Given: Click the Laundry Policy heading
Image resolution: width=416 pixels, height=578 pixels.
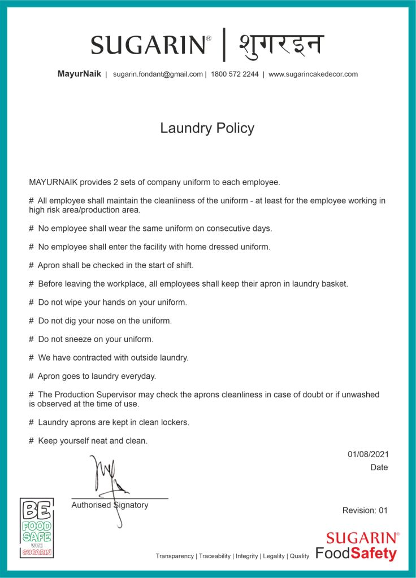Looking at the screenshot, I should pyautogui.click(x=207, y=128).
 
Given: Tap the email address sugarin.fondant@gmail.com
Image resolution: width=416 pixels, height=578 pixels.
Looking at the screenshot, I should pyautogui.click(x=158, y=74).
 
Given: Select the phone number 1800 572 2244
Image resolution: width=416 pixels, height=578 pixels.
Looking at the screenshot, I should pyautogui.click(x=235, y=74).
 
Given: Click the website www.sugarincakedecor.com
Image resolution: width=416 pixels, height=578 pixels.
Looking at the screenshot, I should pyautogui.click(x=313, y=74).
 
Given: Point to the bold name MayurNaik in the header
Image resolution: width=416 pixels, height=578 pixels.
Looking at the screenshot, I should pyautogui.click(x=79, y=74).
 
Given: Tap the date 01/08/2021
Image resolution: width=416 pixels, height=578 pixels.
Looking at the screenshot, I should pyautogui.click(x=368, y=454).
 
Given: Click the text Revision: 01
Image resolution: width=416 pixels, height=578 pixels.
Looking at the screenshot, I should pyautogui.click(x=365, y=510).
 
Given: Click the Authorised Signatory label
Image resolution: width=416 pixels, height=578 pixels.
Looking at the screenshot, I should pyautogui.click(x=110, y=505).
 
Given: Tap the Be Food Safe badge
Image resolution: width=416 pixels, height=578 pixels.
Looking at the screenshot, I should pyautogui.click(x=37, y=528).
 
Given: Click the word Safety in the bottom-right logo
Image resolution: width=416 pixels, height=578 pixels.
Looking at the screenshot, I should pyautogui.click(x=374, y=554).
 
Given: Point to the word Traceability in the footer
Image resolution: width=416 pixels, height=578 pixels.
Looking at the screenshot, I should pyautogui.click(x=215, y=556).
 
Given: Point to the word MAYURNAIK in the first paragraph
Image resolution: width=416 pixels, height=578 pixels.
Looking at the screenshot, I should pyautogui.click(x=54, y=182).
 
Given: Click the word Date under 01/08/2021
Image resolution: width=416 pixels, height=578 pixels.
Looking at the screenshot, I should pyautogui.click(x=379, y=467).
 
